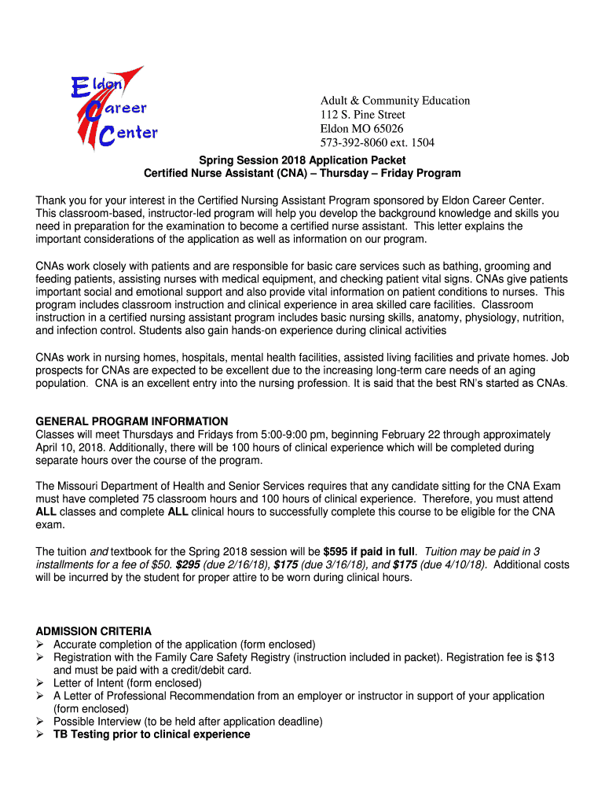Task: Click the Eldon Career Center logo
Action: (x=111, y=109)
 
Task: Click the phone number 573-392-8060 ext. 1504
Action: (x=376, y=143)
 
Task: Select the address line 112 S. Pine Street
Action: (x=362, y=115)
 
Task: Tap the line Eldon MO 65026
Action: (x=361, y=129)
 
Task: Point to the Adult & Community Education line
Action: (x=394, y=101)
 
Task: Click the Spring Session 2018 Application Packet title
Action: (x=302, y=160)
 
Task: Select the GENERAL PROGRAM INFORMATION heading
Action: (x=132, y=421)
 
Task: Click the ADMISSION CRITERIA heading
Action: (x=93, y=631)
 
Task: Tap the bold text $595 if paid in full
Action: (x=369, y=551)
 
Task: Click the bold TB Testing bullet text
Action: (x=152, y=734)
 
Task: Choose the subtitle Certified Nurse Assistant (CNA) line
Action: (x=302, y=173)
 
